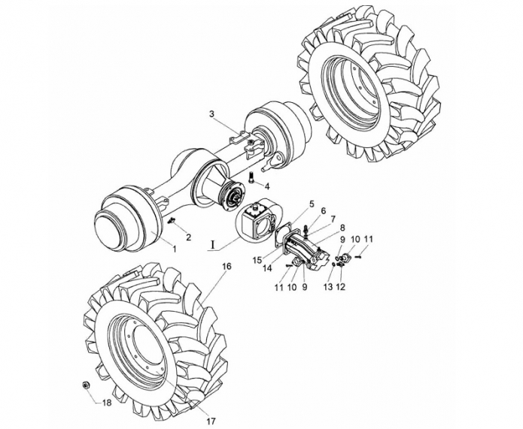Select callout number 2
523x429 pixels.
click(189, 237)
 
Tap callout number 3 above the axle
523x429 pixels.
click(212, 114)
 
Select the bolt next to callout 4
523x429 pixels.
click(251, 176)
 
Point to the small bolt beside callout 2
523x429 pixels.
click(172, 220)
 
